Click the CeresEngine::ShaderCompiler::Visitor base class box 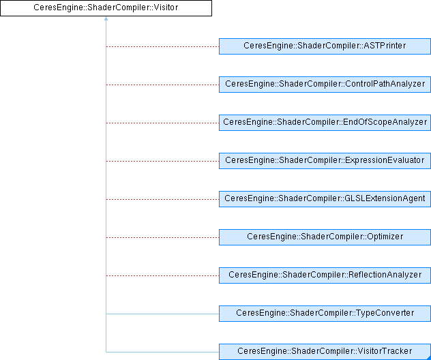[x=106, y=8]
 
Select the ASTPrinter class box [x=325, y=46]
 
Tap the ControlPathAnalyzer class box [x=325, y=85]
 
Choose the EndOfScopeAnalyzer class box [x=325, y=123]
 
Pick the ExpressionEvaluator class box [x=325, y=161]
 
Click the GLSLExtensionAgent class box [x=325, y=199]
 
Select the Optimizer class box [x=325, y=237]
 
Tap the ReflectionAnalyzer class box [x=325, y=275]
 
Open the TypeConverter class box [x=325, y=314]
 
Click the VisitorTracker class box [x=325, y=352]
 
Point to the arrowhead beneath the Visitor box [x=106, y=19]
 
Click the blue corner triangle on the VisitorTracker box [x=428, y=357]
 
